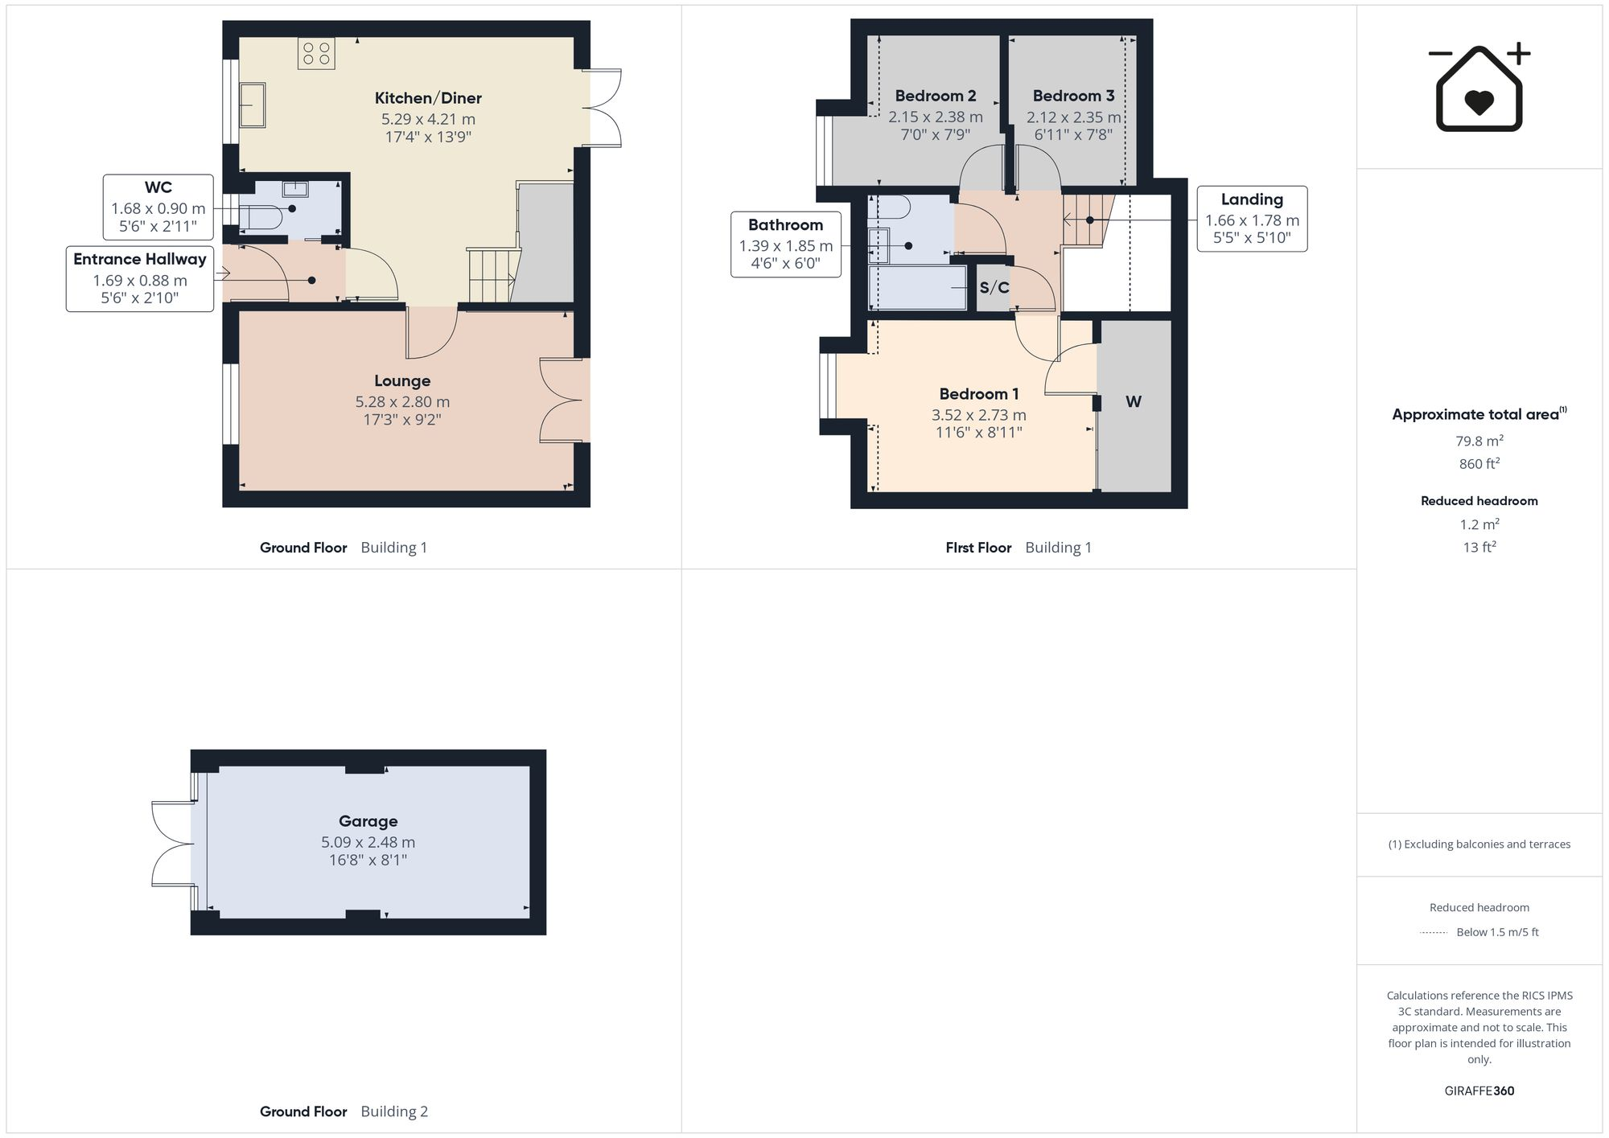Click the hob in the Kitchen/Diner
316,53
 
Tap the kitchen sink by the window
252,105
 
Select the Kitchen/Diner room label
428,98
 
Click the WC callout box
158,207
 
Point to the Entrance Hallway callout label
140,259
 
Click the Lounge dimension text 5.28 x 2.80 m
402,401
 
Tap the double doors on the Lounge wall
564,400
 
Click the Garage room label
368,821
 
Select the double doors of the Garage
173,844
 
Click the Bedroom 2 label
936,96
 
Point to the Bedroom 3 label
1074,96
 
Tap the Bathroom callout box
786,244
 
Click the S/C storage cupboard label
994,288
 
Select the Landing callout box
1252,219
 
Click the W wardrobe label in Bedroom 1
1134,401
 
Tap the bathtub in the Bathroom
918,288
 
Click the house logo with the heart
1479,87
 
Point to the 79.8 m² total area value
1479,440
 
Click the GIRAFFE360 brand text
1479,1091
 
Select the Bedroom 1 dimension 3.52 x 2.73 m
979,415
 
